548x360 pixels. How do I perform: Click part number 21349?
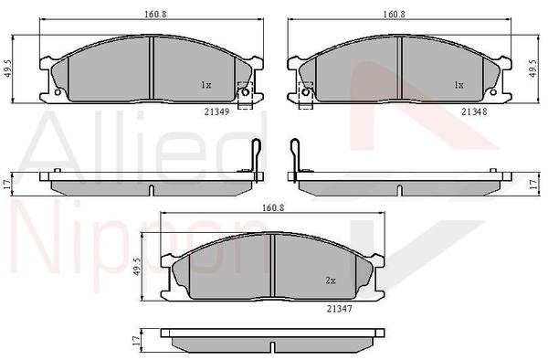tap(216, 111)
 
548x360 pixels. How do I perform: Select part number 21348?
tap(474, 111)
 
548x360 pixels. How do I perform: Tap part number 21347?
tap(340, 309)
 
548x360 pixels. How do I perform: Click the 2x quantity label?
tap(331, 281)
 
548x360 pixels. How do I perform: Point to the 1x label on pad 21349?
tap(205, 85)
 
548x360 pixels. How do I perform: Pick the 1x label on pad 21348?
tap(458, 85)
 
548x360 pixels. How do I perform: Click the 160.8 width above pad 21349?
tap(155, 15)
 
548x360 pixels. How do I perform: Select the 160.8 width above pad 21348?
tap(394, 15)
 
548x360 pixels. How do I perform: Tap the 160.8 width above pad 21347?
tap(273, 207)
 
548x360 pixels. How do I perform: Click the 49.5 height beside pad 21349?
tap(8, 69)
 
